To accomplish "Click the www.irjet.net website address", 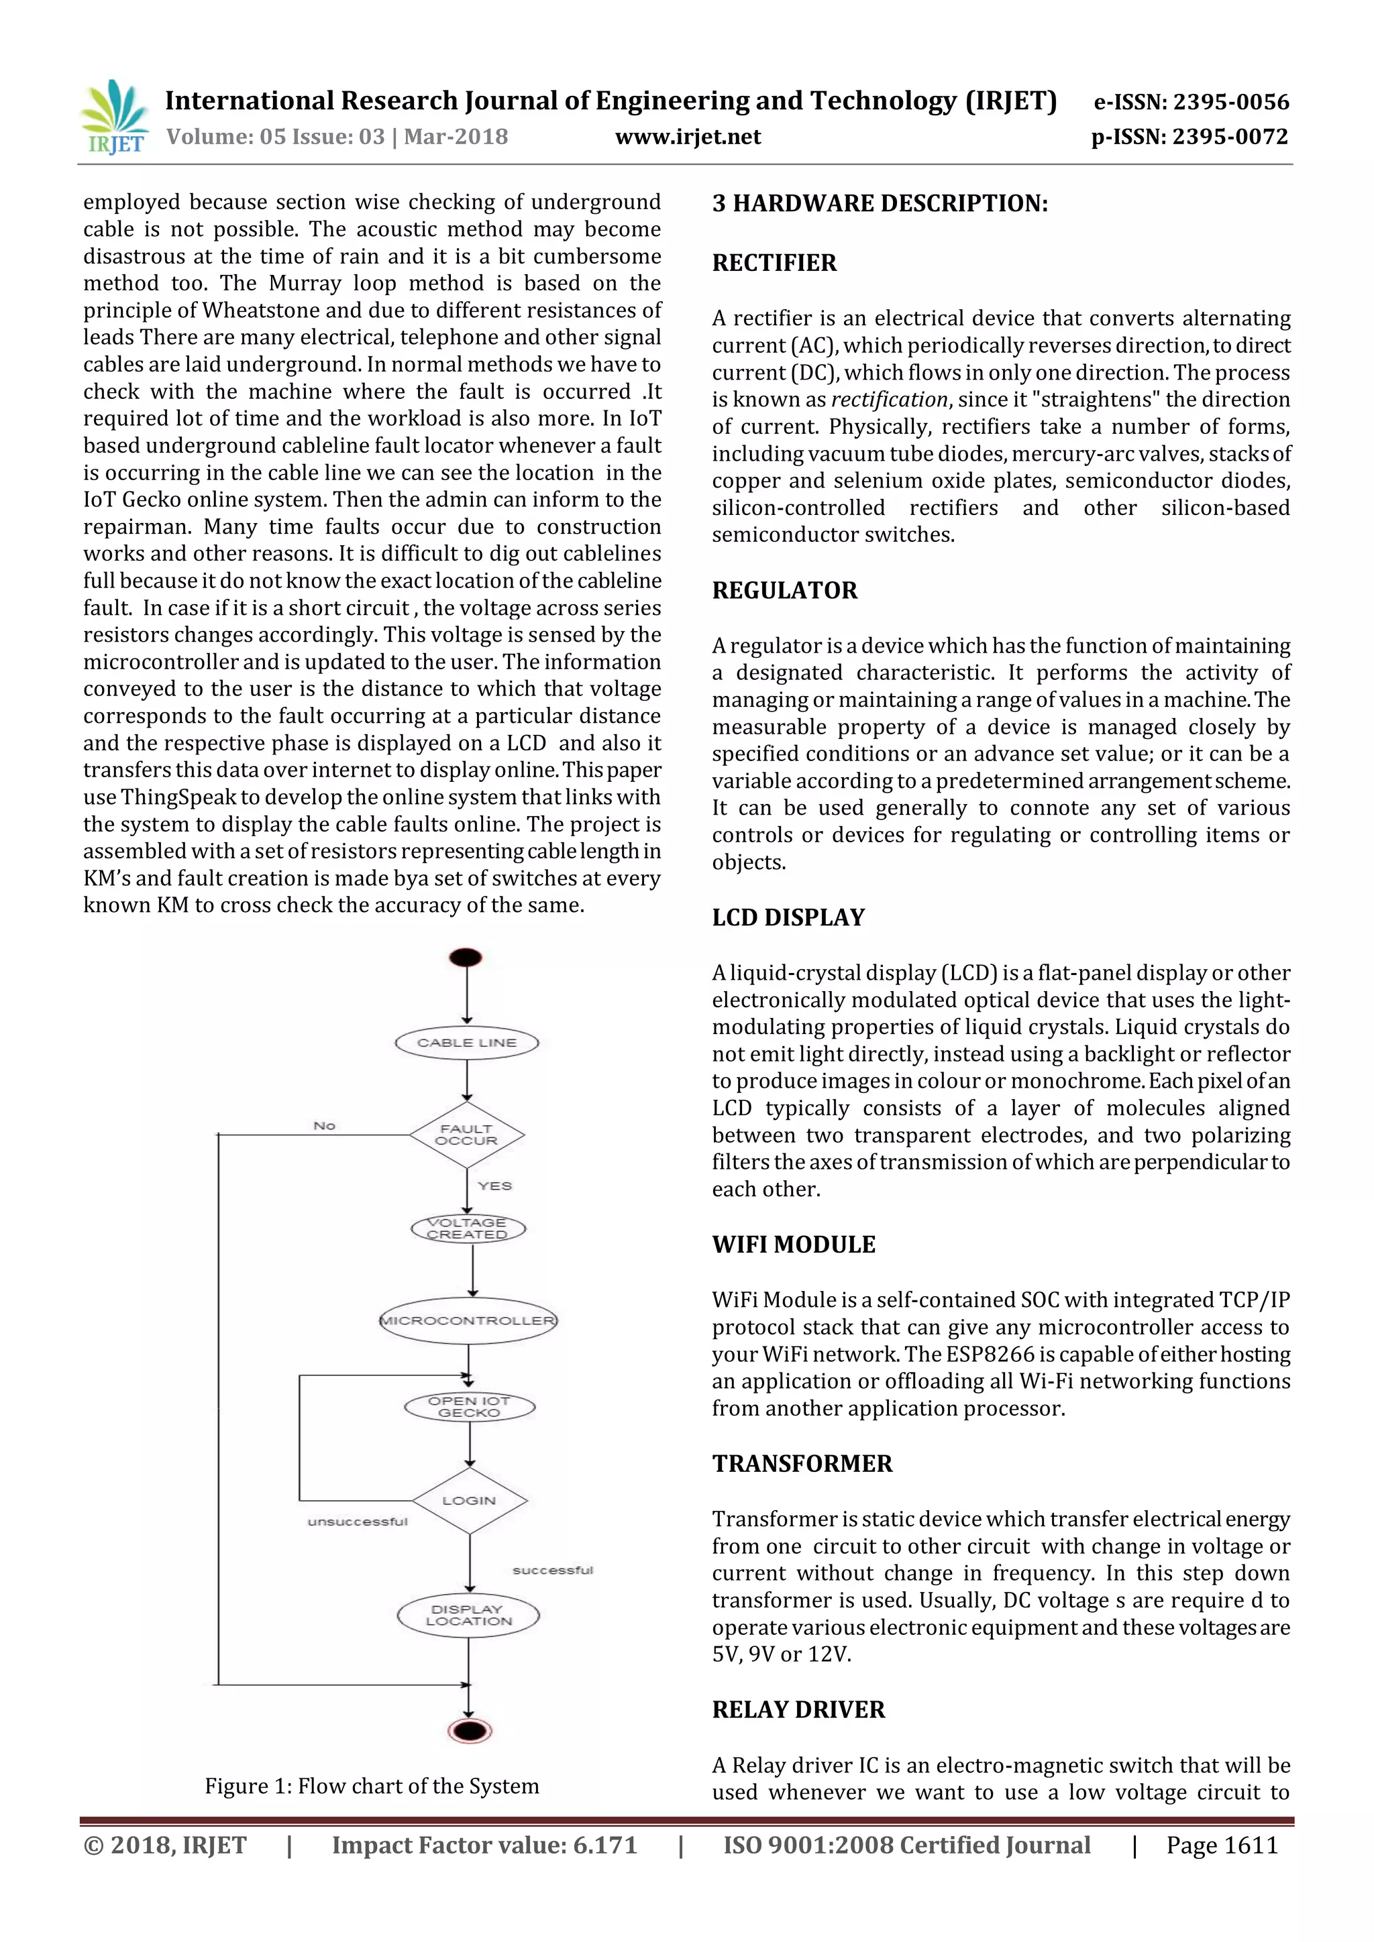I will click(688, 137).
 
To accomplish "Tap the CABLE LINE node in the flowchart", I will click(467, 1043).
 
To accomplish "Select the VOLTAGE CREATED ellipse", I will click(468, 1228).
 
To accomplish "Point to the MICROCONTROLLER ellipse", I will click(468, 1320).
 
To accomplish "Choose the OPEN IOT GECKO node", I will click(470, 1407).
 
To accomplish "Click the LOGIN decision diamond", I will click(470, 1501).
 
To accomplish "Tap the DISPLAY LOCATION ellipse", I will click(469, 1615).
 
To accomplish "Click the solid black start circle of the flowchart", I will click(466, 958).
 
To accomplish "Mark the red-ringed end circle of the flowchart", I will click(470, 1731).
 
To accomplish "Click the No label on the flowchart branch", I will click(324, 1126).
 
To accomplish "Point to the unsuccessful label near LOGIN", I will click(357, 1522).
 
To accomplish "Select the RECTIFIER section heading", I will click(774, 263).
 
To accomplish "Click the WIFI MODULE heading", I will click(794, 1244).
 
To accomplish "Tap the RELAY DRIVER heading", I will click(798, 1709).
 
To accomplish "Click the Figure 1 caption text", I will click(372, 1786).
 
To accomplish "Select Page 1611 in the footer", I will click(1221, 1845).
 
